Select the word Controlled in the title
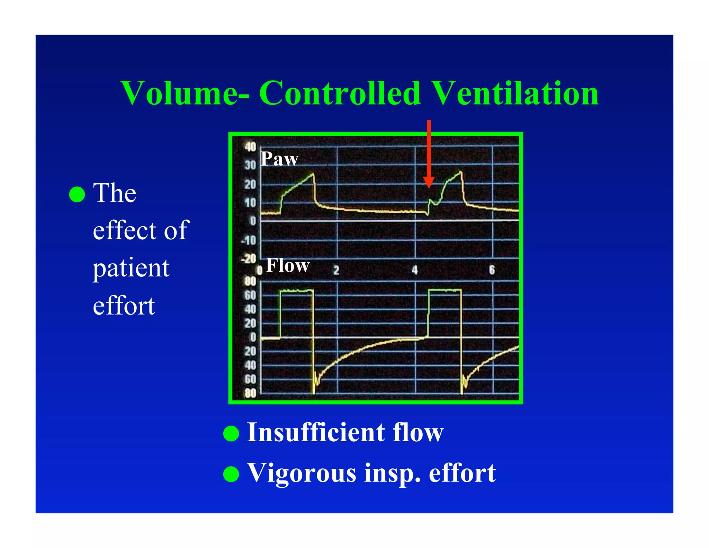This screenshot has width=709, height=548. pos(340,93)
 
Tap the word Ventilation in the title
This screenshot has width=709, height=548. pos(515,93)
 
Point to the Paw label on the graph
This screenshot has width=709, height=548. pos(279,159)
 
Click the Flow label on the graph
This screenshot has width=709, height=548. pos(287,266)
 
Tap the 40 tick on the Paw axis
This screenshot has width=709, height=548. pos(250,147)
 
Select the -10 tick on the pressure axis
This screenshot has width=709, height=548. pos(249,240)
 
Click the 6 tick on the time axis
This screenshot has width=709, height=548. pos(492,269)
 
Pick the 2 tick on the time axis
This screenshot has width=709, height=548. pos(336,270)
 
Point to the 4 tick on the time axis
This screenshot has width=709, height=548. pos(415,270)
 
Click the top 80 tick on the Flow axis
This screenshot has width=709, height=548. pos(250,281)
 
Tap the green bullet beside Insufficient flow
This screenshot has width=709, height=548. pos(231,433)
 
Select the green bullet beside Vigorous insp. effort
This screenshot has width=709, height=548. pos(231,474)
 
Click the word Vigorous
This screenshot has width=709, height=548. pos(302,473)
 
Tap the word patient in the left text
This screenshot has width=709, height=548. pos(131,268)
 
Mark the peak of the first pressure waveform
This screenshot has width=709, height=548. pos(313,174)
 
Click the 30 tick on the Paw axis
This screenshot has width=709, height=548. pos(250,165)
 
